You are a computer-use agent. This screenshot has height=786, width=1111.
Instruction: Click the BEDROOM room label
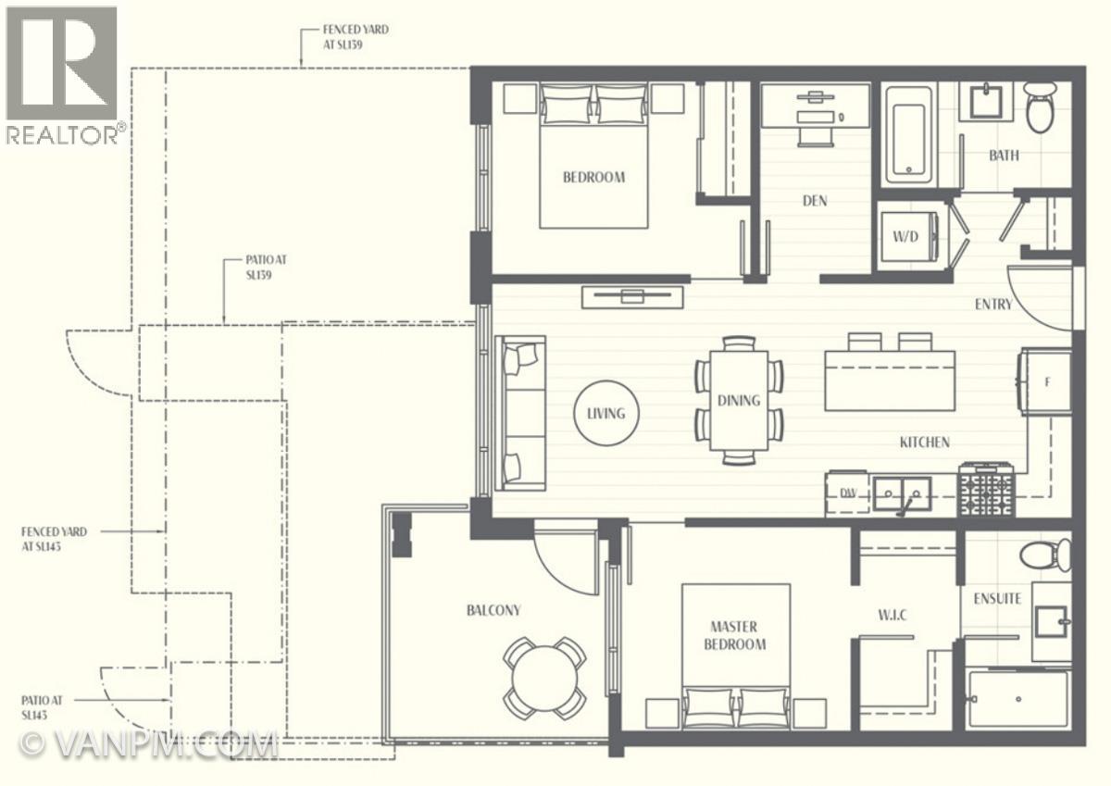[x=593, y=177]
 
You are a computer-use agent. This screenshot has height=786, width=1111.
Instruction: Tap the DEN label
[x=815, y=201]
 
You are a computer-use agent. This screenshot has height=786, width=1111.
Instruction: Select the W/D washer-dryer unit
[x=907, y=237]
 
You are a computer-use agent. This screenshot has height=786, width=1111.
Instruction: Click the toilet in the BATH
[x=1041, y=107]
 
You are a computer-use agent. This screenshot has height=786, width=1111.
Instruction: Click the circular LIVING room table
[x=606, y=413]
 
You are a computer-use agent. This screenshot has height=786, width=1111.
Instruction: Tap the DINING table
[x=739, y=401]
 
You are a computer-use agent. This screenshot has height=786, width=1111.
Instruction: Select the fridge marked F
[x=1044, y=381]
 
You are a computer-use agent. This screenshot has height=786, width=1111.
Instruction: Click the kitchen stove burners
[x=986, y=489]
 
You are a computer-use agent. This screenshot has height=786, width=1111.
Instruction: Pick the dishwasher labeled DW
[x=847, y=493]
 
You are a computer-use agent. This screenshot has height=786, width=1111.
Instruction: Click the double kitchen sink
[x=902, y=493]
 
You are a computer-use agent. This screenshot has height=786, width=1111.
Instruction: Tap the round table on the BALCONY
[x=544, y=678]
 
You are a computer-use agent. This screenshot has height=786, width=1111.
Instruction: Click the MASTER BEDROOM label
[x=734, y=635]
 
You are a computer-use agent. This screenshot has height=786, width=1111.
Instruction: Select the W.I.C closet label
[x=893, y=616]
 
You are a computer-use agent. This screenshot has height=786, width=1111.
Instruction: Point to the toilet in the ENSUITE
[x=1045, y=555]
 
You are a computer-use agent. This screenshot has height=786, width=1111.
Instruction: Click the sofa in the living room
[x=520, y=413]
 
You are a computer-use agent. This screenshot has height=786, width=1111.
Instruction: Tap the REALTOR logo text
[x=63, y=134]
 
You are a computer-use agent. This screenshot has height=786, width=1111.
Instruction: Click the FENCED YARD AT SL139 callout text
[x=356, y=37]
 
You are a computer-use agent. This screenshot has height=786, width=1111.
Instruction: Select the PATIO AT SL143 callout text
[x=42, y=707]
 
